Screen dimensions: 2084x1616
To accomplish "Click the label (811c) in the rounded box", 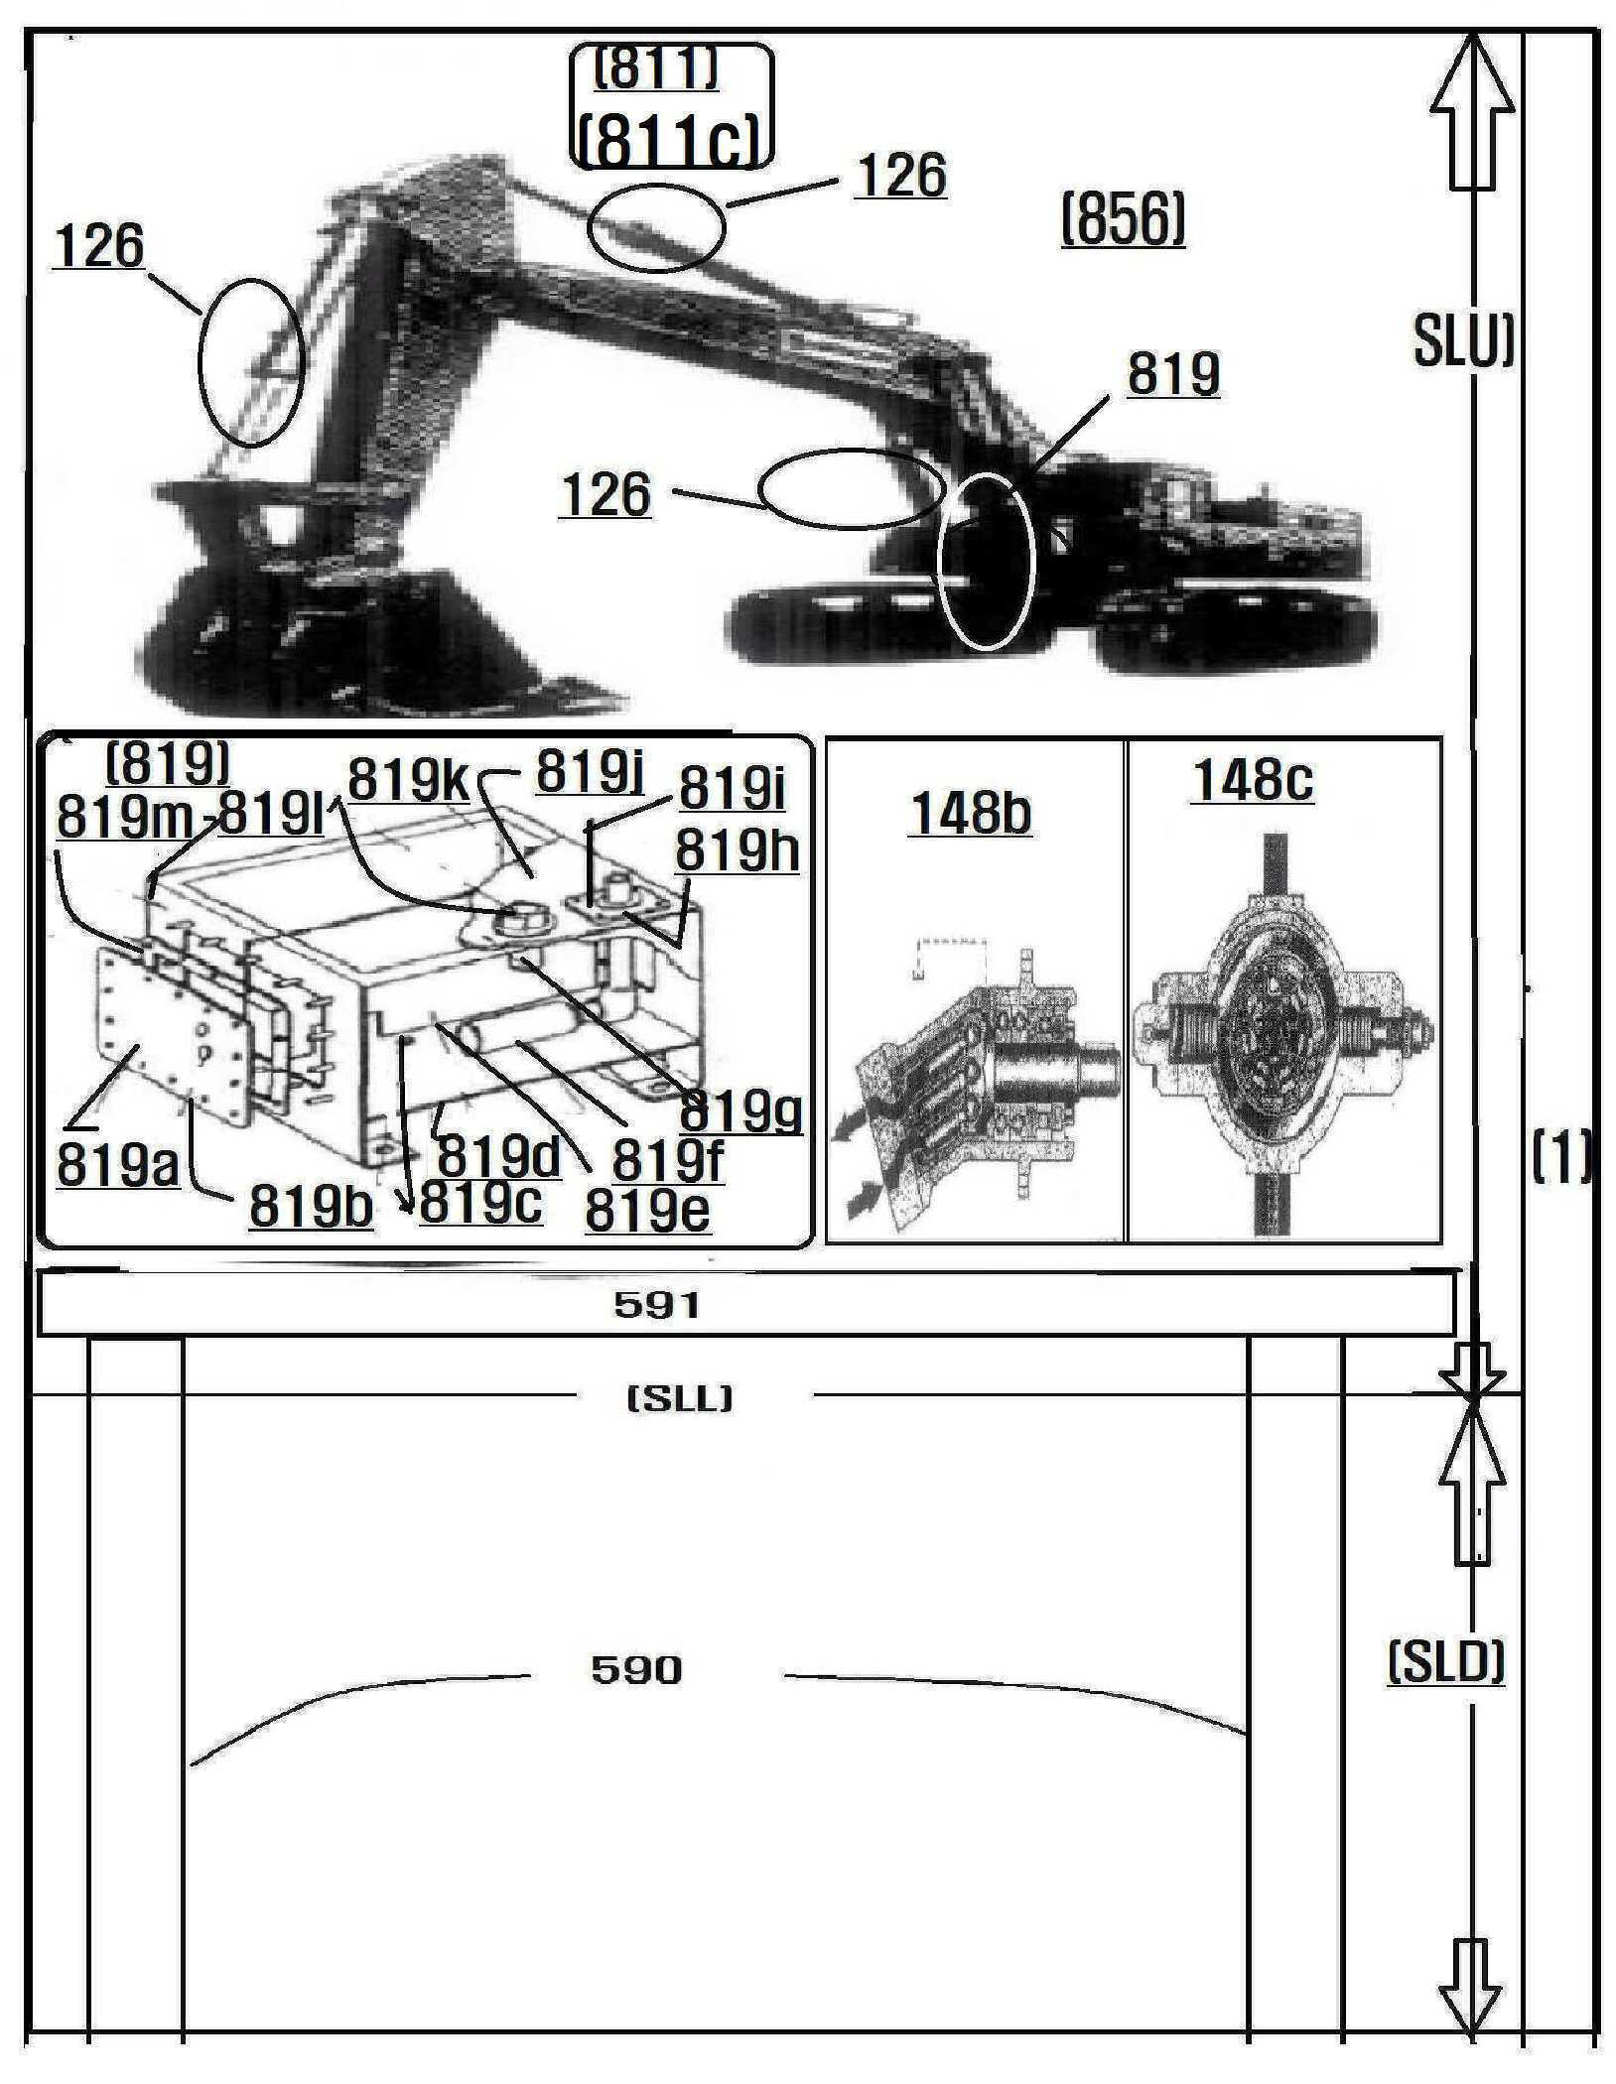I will [x=671, y=141].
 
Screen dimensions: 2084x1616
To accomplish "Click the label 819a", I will [x=117, y=1164].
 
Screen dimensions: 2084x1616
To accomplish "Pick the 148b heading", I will [x=970, y=814].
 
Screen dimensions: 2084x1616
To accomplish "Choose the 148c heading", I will [x=1253, y=781].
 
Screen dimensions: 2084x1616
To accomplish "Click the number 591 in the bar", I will [x=657, y=1305].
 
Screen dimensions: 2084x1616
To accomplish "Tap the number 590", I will [x=636, y=1671].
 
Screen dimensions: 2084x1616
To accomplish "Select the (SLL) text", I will [x=681, y=1399].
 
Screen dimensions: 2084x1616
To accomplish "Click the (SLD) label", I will [x=1445, y=1663].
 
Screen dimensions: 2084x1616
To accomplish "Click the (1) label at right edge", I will [x=1560, y=1159].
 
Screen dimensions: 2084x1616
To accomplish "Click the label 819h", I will [x=738, y=851].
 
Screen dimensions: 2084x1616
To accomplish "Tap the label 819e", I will [x=647, y=1210].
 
